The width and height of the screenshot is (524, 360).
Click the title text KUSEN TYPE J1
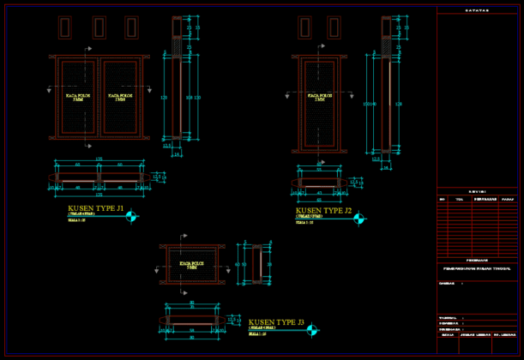[95, 208]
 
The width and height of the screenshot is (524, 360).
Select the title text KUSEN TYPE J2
[324, 210]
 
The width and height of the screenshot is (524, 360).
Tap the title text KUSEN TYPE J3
[276, 321]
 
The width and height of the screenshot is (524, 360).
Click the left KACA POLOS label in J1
[78, 98]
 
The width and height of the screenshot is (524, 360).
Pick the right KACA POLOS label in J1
[121, 98]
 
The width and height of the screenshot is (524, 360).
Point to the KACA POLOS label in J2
[319, 98]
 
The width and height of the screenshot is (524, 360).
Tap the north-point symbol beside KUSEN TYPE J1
[130, 216]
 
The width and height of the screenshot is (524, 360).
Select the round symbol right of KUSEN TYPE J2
[359, 219]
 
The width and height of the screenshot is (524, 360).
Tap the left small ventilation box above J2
[304, 27]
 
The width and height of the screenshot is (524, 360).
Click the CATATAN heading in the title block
[479, 10]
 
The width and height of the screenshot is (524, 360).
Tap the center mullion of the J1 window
[99, 97]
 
